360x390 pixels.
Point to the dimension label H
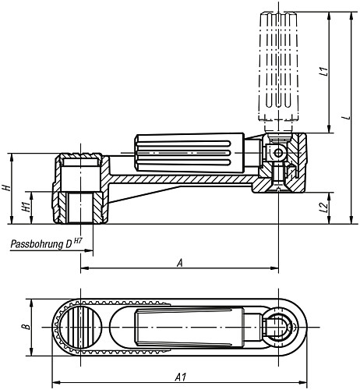6,188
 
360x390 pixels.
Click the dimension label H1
26,207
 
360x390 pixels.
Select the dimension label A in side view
180,263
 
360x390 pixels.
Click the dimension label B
25,328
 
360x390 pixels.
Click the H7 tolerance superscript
78,241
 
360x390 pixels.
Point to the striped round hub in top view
78,328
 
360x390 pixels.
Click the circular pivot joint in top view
277,328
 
